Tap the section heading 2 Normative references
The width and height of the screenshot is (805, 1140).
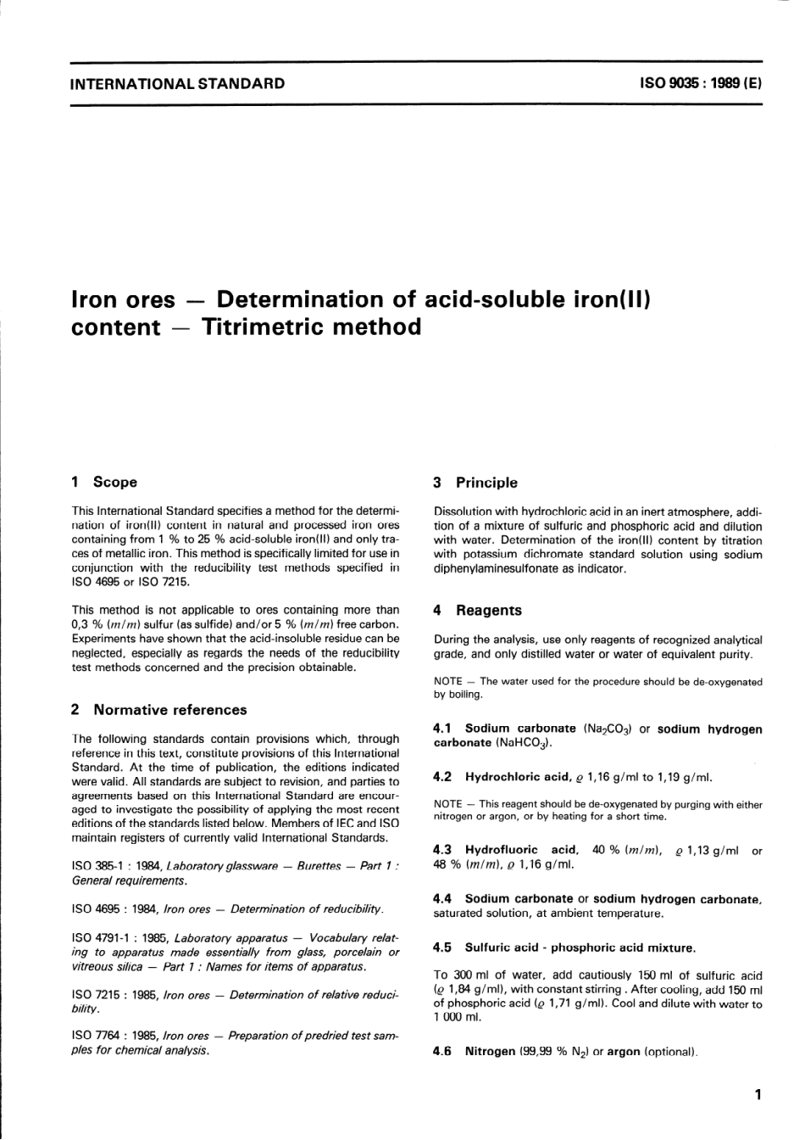[159, 709]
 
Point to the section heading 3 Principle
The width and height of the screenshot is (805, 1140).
[475, 482]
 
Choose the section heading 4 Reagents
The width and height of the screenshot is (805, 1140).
[477, 610]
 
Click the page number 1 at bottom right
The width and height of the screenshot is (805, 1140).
[758, 1094]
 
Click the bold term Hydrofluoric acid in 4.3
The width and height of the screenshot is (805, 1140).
[521, 850]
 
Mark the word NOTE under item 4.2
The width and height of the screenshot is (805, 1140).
[447, 804]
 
